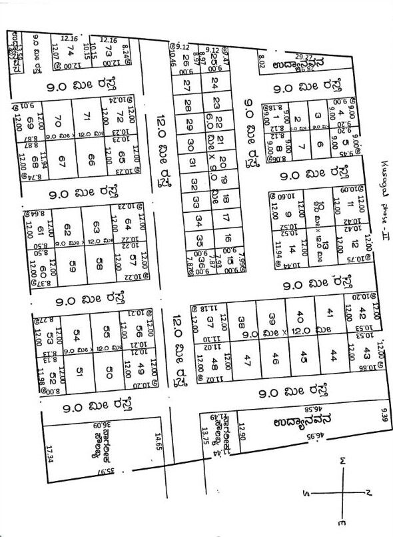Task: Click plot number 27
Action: click(x=187, y=85)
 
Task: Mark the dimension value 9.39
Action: click(x=384, y=418)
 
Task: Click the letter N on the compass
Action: click(x=368, y=492)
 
